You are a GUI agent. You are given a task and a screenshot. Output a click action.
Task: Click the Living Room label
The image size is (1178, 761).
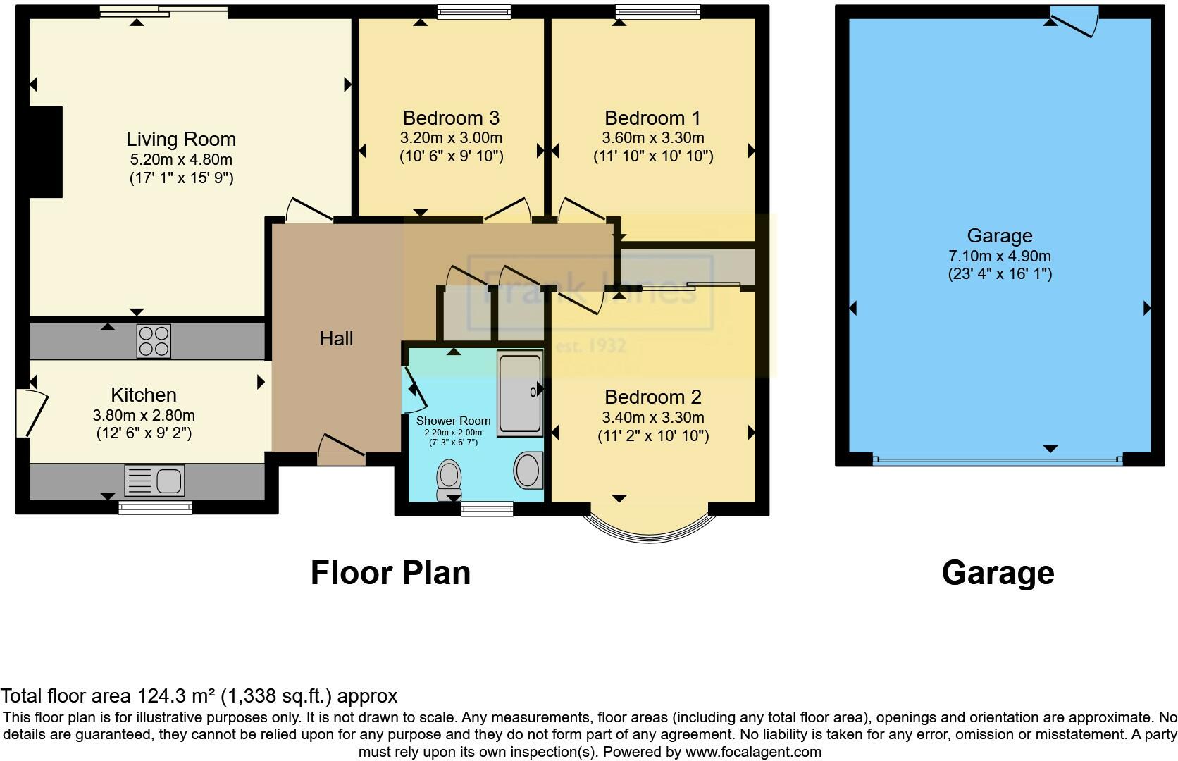pos(181,139)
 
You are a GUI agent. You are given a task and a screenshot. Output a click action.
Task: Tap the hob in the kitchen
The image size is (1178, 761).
pos(154,341)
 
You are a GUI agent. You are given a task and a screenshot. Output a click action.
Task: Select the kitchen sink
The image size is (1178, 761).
pos(154,480)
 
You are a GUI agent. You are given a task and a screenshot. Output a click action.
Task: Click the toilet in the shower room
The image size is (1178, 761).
pos(449,479)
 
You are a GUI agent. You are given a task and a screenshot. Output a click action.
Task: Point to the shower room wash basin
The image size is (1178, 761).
pos(528,471)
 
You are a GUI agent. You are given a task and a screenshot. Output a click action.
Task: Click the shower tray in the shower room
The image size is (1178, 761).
pos(520,393)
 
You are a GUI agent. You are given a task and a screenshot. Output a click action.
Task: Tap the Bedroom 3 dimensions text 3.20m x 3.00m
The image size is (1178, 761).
pos(452,137)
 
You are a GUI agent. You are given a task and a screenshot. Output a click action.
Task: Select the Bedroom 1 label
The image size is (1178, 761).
pos(653,118)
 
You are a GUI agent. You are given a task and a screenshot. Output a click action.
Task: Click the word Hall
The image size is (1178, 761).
pos(336,339)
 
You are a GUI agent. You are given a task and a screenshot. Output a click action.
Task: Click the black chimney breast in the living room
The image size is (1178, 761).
pos(46,151)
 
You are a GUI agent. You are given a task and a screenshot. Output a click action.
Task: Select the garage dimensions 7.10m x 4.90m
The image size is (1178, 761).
pos(999,256)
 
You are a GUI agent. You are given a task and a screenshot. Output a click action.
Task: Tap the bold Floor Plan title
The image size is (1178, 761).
pos(390,573)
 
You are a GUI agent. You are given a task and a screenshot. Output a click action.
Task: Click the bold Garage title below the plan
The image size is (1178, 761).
pos(998,573)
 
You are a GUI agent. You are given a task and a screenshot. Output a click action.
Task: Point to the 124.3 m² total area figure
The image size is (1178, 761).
pos(175,696)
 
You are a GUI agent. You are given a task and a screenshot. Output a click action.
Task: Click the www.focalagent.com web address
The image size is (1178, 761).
pos(753,752)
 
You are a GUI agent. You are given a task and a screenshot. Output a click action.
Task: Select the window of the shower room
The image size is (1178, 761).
pos(487,509)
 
